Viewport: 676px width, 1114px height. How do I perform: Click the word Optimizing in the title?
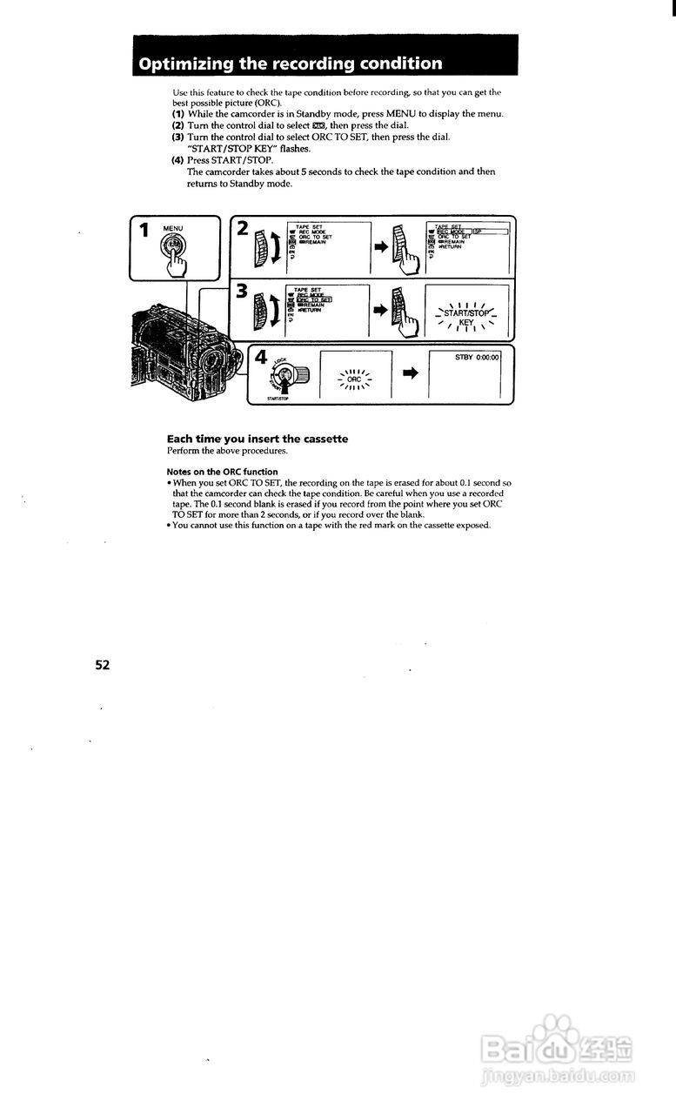[x=180, y=64]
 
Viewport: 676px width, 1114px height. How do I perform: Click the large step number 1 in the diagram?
[x=145, y=230]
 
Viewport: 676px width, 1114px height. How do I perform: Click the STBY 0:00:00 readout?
[x=477, y=357]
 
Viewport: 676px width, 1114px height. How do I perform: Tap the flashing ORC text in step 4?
[x=354, y=379]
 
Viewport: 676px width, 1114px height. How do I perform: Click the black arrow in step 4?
[x=411, y=373]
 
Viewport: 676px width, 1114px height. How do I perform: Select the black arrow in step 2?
[x=381, y=247]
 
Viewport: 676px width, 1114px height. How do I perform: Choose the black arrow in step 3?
[x=381, y=308]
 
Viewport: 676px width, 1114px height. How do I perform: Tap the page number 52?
[x=103, y=665]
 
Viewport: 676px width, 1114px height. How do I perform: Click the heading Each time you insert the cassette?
[x=257, y=440]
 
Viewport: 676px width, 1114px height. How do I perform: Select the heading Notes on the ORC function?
[x=222, y=473]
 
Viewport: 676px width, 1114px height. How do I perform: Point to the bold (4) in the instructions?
[x=177, y=161]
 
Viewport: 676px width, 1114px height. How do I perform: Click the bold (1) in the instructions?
[x=177, y=114]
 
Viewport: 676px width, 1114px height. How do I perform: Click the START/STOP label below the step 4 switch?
[x=278, y=401]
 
